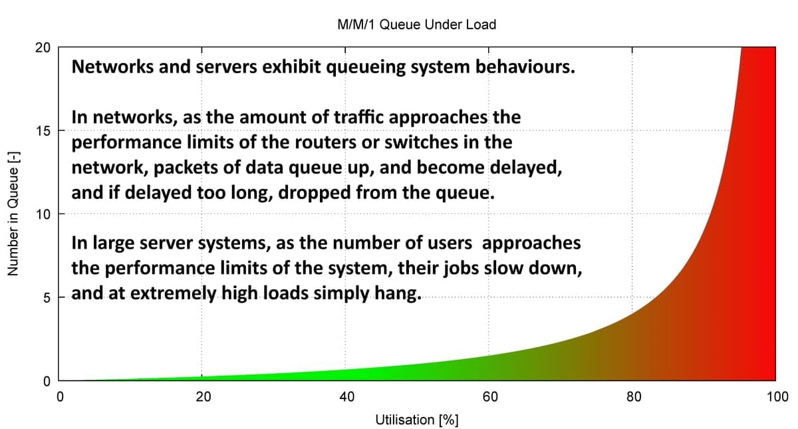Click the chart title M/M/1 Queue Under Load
416,25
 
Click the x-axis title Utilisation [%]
416,420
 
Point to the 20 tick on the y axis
44,48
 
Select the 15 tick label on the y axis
44,131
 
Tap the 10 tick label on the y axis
44,214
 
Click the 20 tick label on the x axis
203,398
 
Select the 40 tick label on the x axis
346,398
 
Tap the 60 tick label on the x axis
490,398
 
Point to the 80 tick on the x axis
634,398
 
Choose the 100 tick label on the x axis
777,398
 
